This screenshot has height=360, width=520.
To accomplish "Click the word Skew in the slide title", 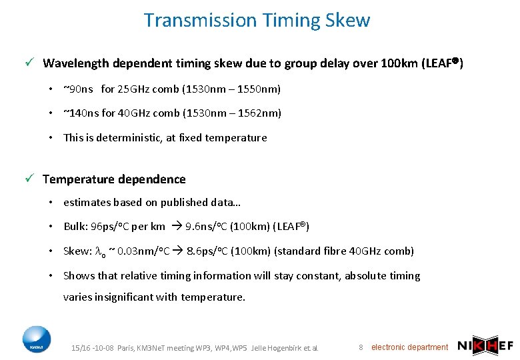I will pyautogui.click(x=347, y=20).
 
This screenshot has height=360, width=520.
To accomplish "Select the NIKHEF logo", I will pyautogui.click(x=486, y=346).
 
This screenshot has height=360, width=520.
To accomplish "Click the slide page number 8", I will pyautogui.click(x=361, y=347).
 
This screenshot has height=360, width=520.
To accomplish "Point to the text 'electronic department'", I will pyautogui.click(x=409, y=347).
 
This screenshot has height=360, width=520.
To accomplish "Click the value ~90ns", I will pyautogui.click(x=78, y=89).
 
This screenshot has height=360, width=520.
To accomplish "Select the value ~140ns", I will pyautogui.click(x=81, y=113).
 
